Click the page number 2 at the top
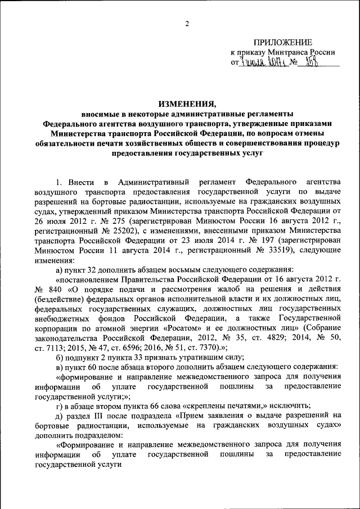point(187,24)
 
